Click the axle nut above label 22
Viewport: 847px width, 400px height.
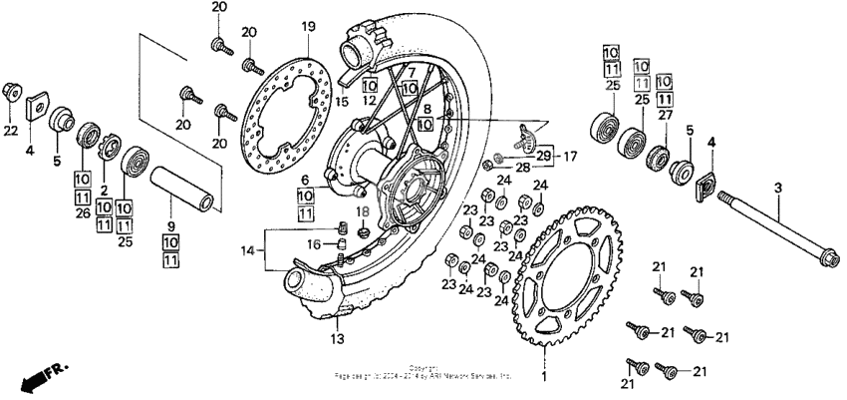click(12, 92)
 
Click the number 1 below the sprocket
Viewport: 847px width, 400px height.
click(544, 378)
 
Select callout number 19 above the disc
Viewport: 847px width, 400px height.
click(308, 26)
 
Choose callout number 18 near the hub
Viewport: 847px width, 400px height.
click(364, 212)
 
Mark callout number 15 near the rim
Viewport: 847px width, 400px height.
click(342, 100)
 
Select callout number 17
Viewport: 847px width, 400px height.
click(571, 156)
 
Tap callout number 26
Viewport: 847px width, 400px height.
click(82, 211)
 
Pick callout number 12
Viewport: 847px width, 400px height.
click(369, 100)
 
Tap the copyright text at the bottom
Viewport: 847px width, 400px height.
click(423, 371)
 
